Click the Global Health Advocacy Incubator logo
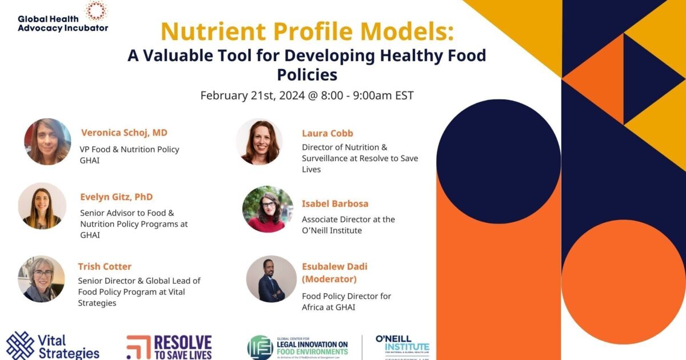63,17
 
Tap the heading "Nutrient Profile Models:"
307,31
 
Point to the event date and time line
307,95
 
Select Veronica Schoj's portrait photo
47,142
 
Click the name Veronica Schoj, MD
124,133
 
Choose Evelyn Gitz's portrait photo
42,206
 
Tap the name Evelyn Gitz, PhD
117,197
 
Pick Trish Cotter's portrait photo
41,279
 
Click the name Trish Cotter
105,266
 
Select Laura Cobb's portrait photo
259,142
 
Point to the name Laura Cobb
328,133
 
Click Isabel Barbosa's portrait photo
268,209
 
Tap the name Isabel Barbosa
335,203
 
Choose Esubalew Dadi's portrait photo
272,279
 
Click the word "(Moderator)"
329,279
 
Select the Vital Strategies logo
53,346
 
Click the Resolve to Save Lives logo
169,347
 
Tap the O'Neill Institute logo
402,346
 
